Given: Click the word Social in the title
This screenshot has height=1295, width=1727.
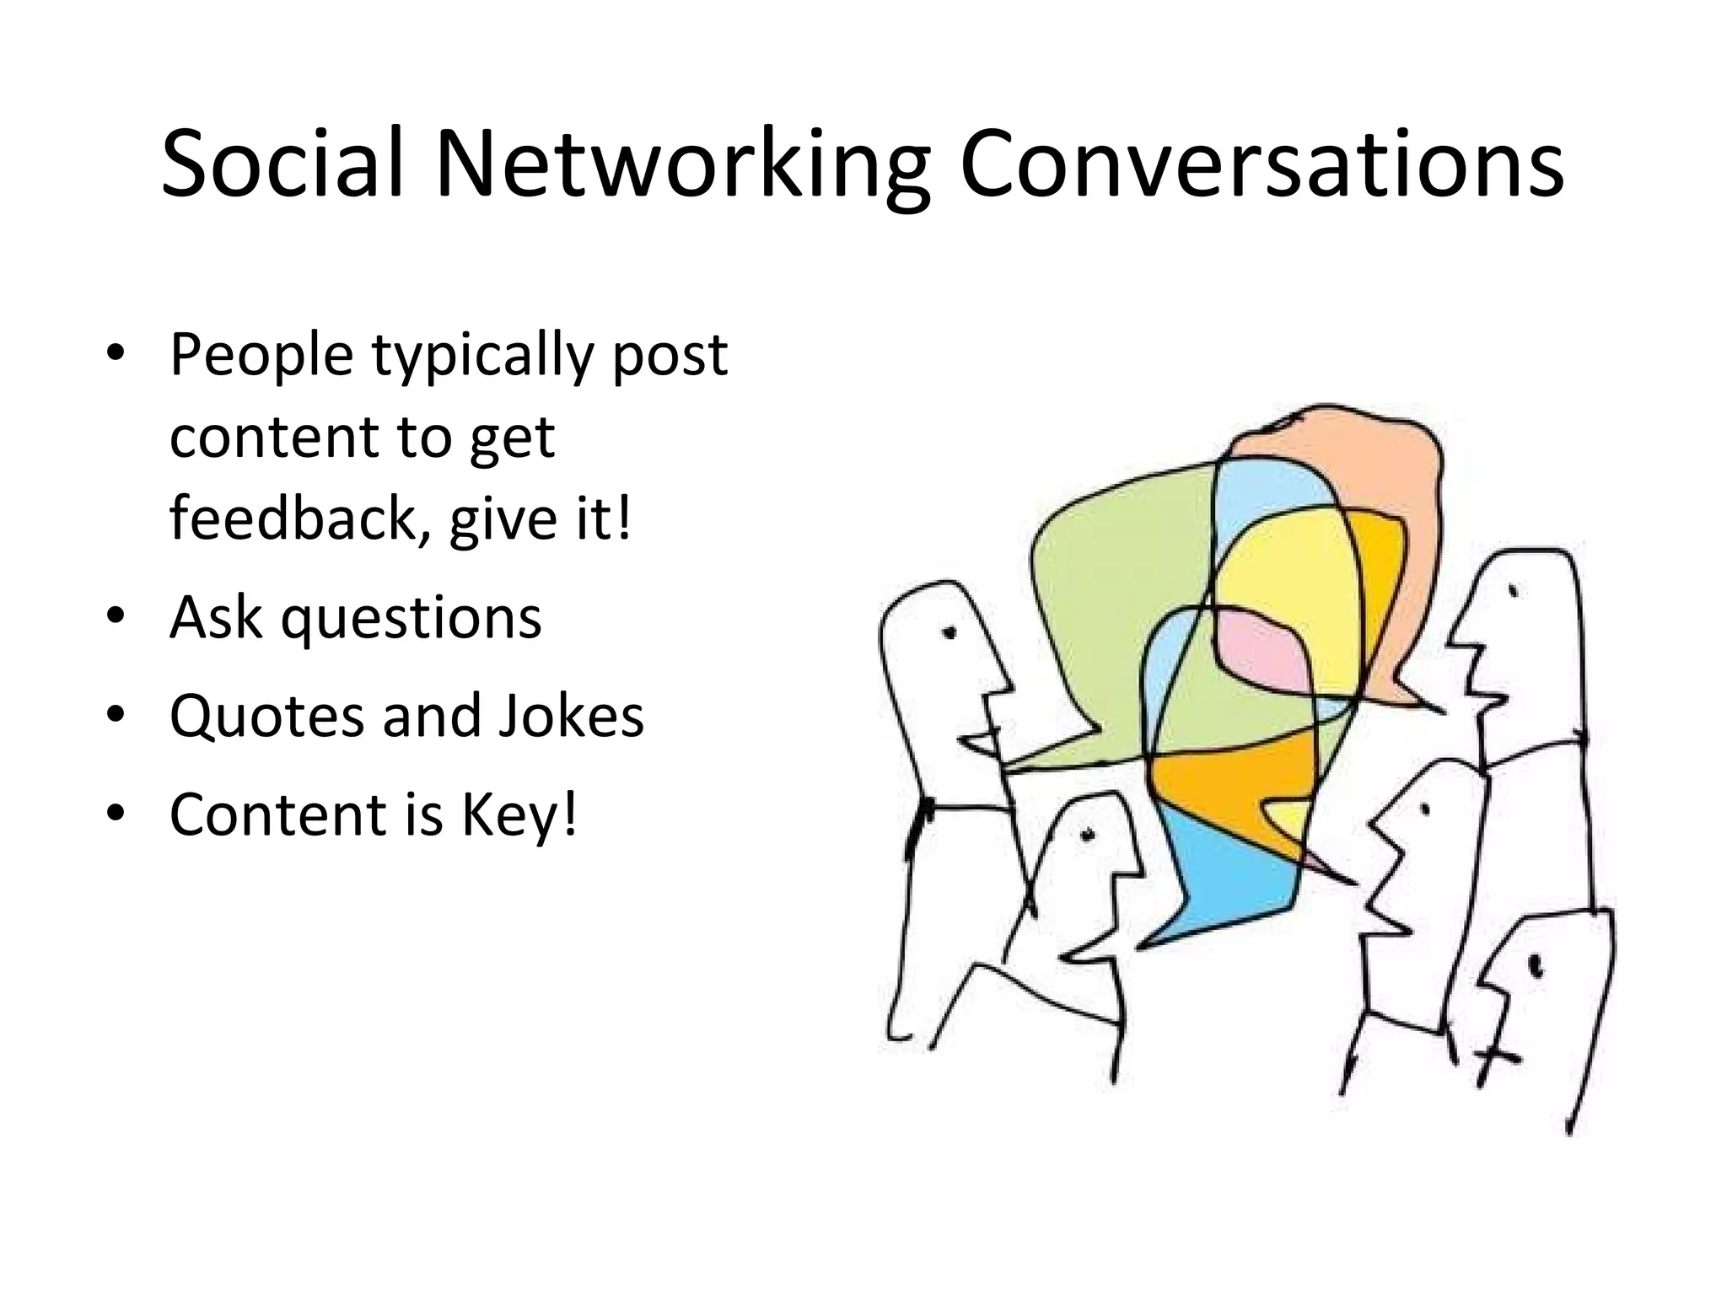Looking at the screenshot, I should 282,164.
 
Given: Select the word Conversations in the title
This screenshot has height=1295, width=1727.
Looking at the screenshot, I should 1261,164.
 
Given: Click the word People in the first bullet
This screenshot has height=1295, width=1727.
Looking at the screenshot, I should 261,355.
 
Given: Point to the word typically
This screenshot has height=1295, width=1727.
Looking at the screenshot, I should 482,355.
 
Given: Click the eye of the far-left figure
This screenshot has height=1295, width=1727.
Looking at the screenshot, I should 950,632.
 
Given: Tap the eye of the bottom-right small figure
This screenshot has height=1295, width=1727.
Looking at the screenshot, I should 1535,964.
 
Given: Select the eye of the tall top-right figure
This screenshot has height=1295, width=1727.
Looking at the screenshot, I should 1513,592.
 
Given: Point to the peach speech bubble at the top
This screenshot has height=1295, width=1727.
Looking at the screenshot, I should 1366,455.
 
